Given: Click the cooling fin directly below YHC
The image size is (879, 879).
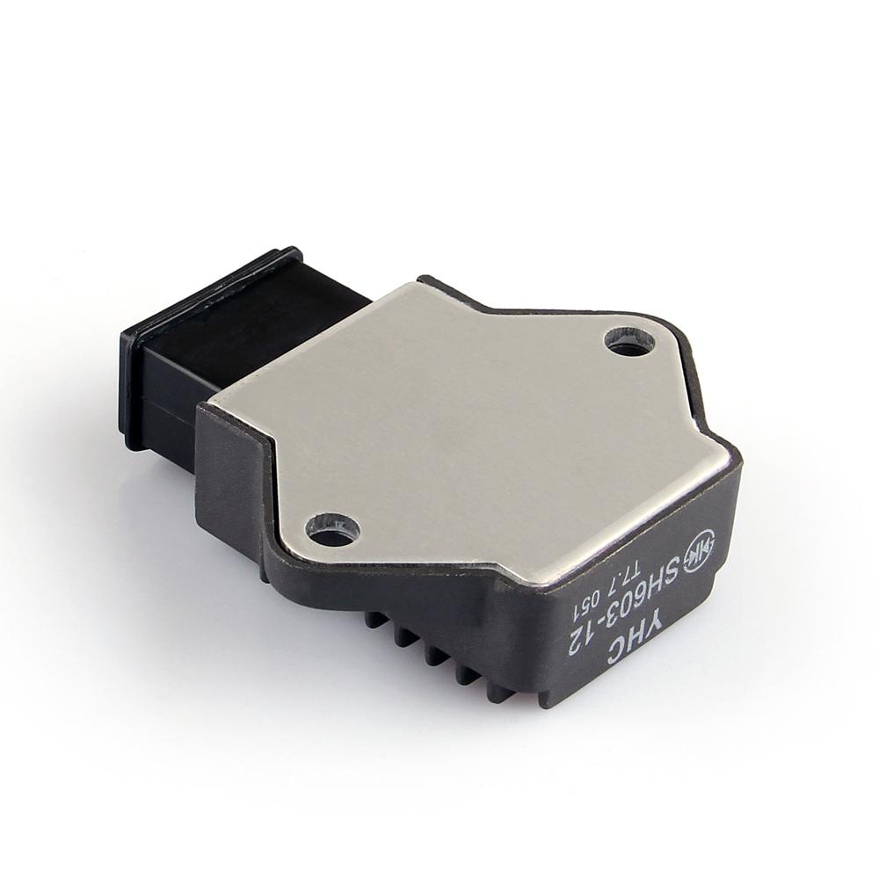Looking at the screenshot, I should (501, 690).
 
